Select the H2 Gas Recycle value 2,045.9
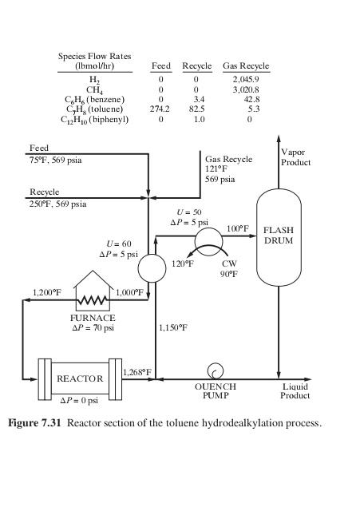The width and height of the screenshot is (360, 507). [247, 80]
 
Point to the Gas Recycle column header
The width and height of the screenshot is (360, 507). [246, 65]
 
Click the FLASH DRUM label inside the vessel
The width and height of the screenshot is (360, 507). [279, 235]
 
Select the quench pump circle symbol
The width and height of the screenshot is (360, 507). [215, 370]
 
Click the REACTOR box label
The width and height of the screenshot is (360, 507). [80, 378]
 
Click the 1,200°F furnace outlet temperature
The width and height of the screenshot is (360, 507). [46, 292]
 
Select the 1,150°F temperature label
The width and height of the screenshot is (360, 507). [172, 327]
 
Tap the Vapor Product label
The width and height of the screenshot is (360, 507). [295, 156]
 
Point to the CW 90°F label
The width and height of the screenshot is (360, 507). [229, 268]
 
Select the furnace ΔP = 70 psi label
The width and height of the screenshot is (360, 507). [93, 327]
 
